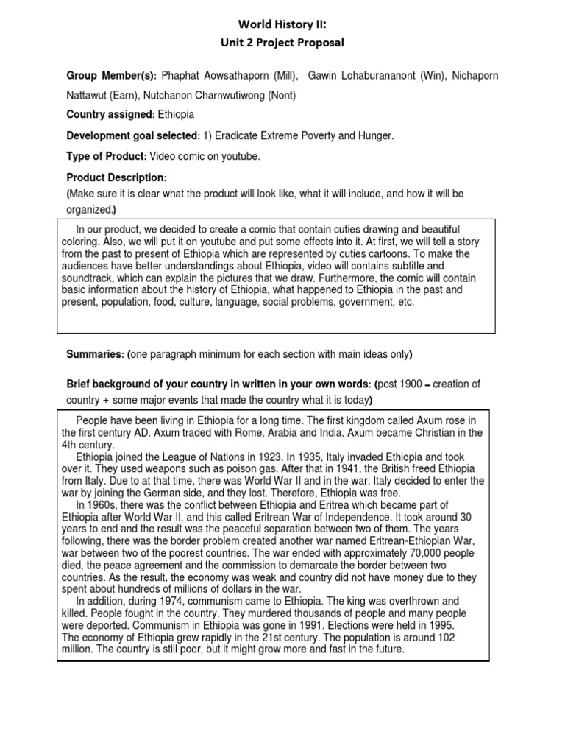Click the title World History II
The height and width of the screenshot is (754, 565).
coord(282,25)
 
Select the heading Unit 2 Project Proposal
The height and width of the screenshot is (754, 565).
coord(282,43)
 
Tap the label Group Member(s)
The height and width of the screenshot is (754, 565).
coord(112,76)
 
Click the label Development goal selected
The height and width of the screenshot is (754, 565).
coord(133,135)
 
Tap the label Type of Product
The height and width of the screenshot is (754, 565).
coord(106,156)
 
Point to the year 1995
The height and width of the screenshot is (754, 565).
coord(438,624)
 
